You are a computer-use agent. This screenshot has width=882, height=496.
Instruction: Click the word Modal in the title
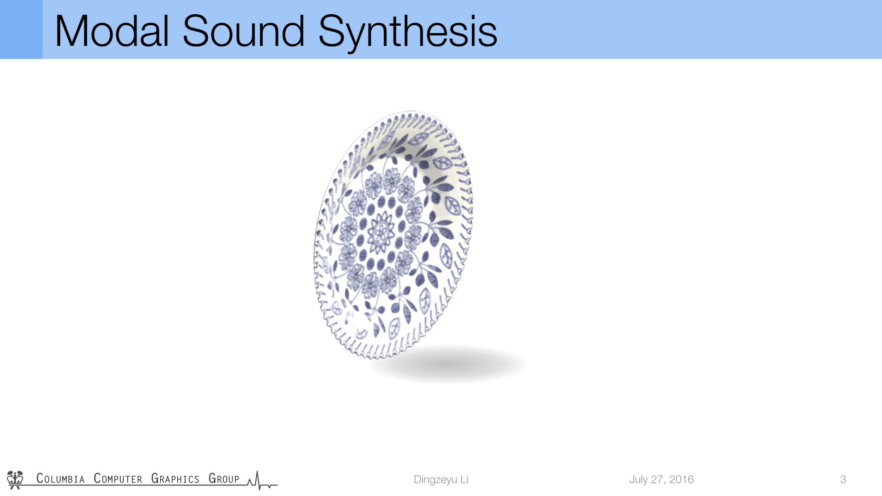coord(112,31)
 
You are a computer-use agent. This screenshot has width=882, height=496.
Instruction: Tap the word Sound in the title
coord(243,31)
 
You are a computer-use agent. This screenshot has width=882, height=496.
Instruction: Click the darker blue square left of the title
coord(21,29)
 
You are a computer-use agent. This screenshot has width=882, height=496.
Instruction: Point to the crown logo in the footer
coord(15,479)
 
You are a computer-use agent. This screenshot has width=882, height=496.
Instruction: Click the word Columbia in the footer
coord(61,479)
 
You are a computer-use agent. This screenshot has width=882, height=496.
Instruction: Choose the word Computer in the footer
coord(118,479)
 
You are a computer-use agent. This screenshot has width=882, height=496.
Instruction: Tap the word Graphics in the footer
coord(175,479)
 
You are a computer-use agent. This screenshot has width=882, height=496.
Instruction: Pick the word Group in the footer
coord(224,479)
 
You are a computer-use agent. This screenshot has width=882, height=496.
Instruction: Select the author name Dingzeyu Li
coord(441,479)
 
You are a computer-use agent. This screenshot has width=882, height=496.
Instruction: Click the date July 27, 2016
coord(661,479)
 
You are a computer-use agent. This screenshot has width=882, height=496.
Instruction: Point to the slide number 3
coord(843,479)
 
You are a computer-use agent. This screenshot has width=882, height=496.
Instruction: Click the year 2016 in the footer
coord(681,479)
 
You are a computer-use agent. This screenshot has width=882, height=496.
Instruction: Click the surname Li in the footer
coord(464,479)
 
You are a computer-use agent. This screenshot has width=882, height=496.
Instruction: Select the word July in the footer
coord(638,480)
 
